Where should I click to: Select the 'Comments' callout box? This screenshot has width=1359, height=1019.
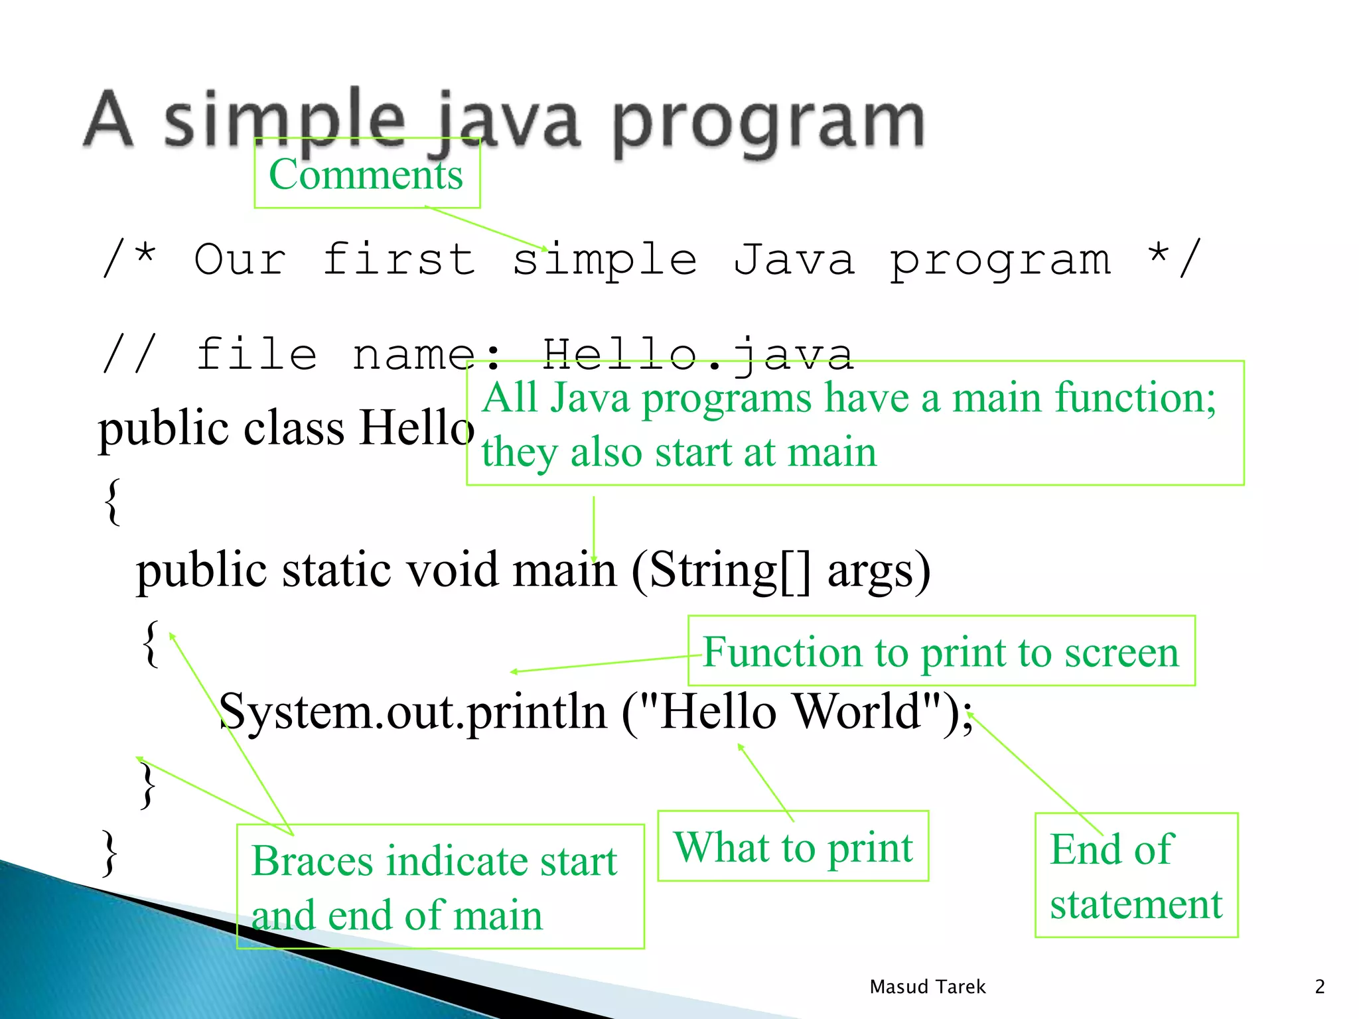[366, 174]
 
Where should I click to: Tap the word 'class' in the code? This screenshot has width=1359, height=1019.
[294, 428]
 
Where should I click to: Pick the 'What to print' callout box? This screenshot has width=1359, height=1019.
[793, 847]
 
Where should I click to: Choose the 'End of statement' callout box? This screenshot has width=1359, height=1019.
[1136, 875]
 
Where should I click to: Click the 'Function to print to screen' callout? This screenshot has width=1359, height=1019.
[941, 651]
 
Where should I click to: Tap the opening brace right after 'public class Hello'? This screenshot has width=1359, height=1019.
[113, 502]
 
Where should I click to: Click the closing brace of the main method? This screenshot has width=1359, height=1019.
[148, 785]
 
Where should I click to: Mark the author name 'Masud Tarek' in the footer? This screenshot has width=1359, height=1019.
[927, 987]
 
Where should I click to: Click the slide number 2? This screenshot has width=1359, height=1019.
[1319, 987]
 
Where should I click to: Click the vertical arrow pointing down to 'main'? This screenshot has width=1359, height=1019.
[594, 528]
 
